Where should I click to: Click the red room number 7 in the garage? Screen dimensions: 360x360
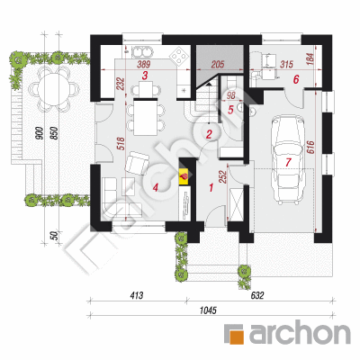pyautogui.click(x=288, y=162)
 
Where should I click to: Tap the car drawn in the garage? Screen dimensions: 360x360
pyautogui.click(x=287, y=160)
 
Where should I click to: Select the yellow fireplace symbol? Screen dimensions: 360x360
pyautogui.click(x=184, y=175)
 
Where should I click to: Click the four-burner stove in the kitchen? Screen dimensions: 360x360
pyautogui.click(x=179, y=56)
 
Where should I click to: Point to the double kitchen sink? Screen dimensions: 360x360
pyautogui.click(x=141, y=51)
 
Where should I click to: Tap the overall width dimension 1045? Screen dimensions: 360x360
pyautogui.click(x=208, y=310)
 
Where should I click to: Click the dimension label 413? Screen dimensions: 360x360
pyautogui.click(x=137, y=295)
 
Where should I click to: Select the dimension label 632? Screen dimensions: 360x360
pyautogui.click(x=257, y=295)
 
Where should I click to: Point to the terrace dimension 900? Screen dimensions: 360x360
pyautogui.click(x=39, y=133)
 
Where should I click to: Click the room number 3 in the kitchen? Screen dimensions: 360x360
pyautogui.click(x=145, y=76)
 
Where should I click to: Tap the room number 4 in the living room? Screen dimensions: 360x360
pyautogui.click(x=155, y=188)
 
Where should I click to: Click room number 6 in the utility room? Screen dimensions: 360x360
pyautogui.click(x=296, y=79)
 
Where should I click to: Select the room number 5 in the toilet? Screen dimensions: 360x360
pyautogui.click(x=230, y=110)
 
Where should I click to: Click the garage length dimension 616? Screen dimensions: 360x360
pyautogui.click(x=310, y=147)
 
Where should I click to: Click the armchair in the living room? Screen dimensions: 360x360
pyautogui.click(x=137, y=163)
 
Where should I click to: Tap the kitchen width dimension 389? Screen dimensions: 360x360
pyautogui.click(x=143, y=64)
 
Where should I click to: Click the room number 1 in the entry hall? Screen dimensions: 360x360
pyautogui.click(x=211, y=188)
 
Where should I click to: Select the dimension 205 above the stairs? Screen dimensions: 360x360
pyautogui.click(x=218, y=64)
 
